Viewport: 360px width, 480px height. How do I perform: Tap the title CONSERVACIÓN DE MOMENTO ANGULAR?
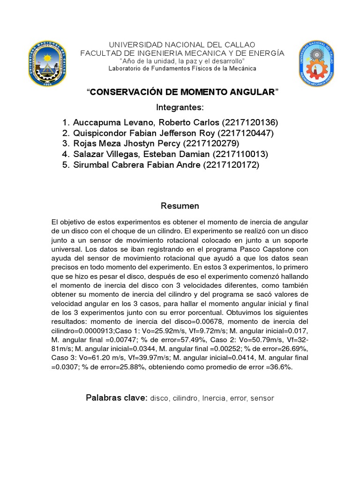(182, 92)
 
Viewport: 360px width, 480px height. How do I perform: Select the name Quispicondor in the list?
(99, 133)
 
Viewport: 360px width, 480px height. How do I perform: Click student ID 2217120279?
(211, 143)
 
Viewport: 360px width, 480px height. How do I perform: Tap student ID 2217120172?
(231, 165)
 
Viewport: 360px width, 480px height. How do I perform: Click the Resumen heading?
(180, 206)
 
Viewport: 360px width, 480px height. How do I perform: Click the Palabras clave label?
(116, 398)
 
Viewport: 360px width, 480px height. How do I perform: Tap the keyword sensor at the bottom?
(262, 398)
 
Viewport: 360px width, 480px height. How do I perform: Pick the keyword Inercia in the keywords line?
(215, 398)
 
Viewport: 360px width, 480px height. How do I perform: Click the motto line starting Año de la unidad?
(182, 61)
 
